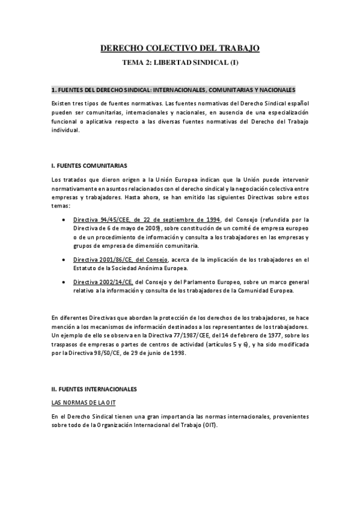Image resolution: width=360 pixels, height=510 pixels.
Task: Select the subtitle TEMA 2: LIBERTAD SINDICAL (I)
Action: pos(180,62)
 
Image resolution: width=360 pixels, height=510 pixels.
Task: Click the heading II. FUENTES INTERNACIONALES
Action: pos(94,372)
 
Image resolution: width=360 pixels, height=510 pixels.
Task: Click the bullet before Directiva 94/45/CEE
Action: pos(64,220)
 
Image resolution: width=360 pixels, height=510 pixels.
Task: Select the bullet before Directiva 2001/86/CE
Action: pos(64,259)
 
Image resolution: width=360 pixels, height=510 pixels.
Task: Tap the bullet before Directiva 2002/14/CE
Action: pos(64,282)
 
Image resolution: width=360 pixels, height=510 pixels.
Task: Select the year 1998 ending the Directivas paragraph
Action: pos(176,352)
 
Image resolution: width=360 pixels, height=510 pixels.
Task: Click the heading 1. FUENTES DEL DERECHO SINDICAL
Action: pos(174,90)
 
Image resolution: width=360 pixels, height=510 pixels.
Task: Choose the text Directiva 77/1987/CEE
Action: pos(180,335)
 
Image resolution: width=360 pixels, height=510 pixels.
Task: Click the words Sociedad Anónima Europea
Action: pos(159,268)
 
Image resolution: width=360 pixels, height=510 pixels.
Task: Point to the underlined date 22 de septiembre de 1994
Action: pos(189,220)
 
